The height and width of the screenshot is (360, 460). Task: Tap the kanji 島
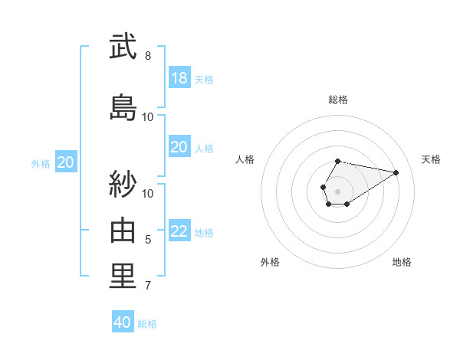[x=123, y=106]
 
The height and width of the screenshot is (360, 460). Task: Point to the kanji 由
[x=123, y=230]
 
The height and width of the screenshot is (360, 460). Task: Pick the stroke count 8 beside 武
[x=148, y=56]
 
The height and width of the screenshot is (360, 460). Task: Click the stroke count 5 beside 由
[x=148, y=240]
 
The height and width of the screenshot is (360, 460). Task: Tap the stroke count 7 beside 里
[x=148, y=286]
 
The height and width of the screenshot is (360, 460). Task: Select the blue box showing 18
[x=179, y=78]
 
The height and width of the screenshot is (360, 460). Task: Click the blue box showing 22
[x=179, y=231]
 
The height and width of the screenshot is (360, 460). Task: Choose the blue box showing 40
[x=123, y=322]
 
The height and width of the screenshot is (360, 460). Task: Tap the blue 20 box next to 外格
[x=66, y=162]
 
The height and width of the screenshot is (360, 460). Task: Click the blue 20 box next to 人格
[x=179, y=147]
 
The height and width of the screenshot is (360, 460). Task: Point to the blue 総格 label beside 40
[x=148, y=324]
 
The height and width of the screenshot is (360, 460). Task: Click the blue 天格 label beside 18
[x=204, y=80]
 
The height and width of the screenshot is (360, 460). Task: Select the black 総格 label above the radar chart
[x=338, y=100]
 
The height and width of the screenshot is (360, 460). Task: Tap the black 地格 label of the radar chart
[x=402, y=262]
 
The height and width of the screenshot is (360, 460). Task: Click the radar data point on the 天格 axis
[x=396, y=172]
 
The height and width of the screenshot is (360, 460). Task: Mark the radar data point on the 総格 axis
[x=338, y=161]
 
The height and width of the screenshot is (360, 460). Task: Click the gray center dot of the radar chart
[x=337, y=190]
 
